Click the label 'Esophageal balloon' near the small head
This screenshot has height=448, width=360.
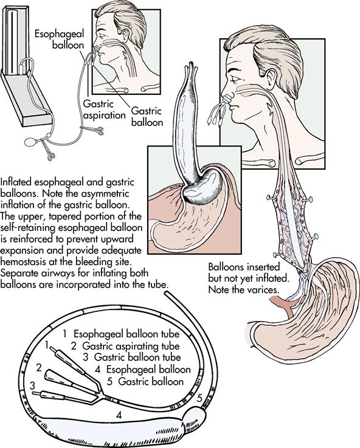coord(60,40)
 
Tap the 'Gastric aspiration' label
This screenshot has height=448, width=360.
coord(104,109)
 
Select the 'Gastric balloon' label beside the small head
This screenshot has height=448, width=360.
coord(147,117)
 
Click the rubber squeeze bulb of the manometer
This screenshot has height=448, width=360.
coord(30,142)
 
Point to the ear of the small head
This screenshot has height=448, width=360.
coord(125,34)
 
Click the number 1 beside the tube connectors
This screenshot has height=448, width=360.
coord(47,345)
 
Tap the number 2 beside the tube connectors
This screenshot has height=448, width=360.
coord(39,367)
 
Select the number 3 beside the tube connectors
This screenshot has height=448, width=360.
coord(33,386)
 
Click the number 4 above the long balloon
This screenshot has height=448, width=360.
coord(119,415)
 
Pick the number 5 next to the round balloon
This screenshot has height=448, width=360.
coord(199,398)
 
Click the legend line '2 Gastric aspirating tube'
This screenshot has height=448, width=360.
coord(125,346)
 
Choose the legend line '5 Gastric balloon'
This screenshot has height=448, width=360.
coord(145,381)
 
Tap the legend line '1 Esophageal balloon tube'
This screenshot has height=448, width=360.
coord(121,334)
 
